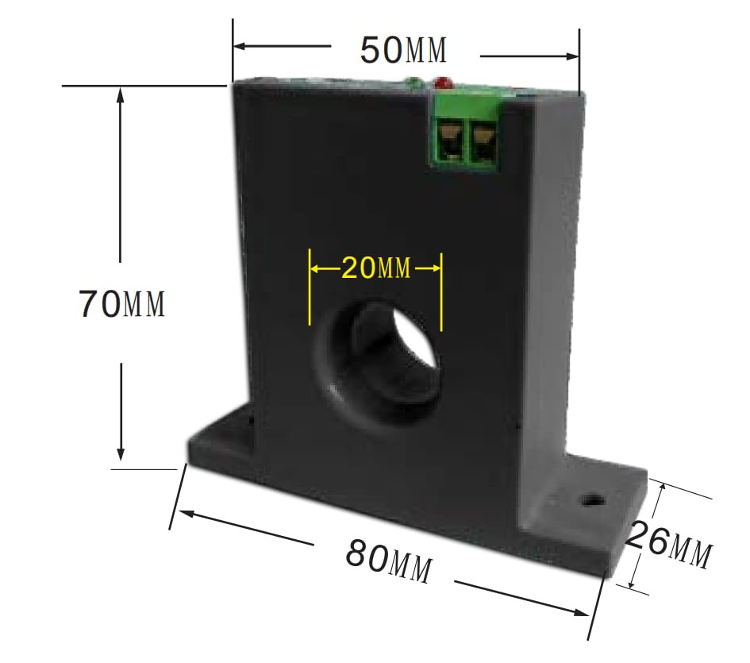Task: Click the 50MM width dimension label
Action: click(404, 50)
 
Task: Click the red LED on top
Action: click(442, 82)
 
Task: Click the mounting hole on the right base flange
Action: click(591, 501)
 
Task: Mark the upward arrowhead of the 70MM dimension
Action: click(121, 94)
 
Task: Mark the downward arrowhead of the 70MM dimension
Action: click(121, 454)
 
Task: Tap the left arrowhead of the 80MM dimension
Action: click(183, 512)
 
